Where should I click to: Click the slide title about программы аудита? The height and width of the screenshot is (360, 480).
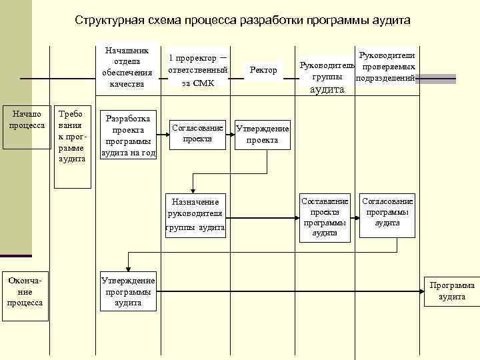[243, 20]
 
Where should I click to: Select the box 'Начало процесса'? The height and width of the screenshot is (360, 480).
[26, 119]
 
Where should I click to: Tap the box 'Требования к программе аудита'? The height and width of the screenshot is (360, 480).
[71, 135]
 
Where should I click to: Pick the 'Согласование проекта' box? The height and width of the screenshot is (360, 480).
[197, 133]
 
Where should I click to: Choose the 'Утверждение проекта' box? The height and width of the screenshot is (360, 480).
[262, 135]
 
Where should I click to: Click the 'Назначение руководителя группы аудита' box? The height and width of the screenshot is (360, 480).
[195, 215]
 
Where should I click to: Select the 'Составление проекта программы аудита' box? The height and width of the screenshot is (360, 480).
[325, 217]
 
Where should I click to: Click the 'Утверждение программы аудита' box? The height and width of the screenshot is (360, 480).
[128, 291]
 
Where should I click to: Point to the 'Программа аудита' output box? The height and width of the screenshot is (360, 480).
[452, 291]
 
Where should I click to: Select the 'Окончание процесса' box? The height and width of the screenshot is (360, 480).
[25, 291]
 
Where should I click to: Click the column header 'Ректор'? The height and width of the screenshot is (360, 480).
[263, 70]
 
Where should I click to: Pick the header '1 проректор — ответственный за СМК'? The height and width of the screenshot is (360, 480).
[197, 70]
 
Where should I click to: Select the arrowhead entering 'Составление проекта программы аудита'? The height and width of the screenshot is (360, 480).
[297, 217]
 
